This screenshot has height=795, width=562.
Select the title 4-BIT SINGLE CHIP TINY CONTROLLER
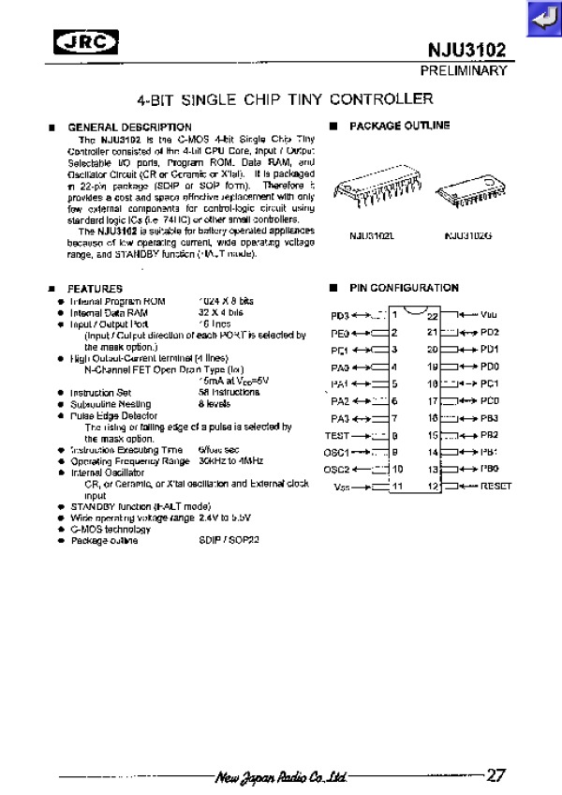(284, 97)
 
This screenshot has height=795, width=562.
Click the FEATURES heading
(95, 288)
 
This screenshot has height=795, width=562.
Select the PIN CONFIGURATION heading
(404, 288)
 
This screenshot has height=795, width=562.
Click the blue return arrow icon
(541, 19)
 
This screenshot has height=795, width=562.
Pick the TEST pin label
(336, 436)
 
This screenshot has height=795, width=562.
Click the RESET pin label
(495, 486)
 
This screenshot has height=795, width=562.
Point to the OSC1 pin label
(335, 452)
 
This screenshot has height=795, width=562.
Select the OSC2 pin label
(335, 469)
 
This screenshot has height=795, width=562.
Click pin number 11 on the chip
(397, 486)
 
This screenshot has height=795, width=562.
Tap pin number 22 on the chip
(432, 316)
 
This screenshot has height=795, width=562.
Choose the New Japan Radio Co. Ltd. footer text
(281, 777)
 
